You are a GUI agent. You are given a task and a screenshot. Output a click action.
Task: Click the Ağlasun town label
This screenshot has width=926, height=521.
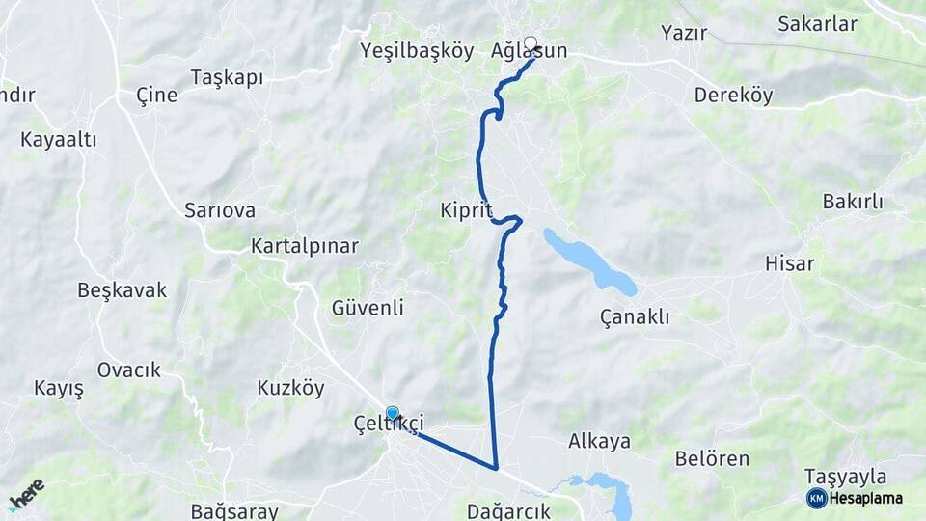(x=542, y=51)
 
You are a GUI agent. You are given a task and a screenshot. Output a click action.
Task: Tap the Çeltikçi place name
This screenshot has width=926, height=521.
(x=389, y=423)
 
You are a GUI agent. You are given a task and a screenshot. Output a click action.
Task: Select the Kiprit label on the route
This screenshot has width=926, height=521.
(x=466, y=210)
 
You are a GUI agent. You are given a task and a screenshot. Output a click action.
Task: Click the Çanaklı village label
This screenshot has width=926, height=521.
(x=634, y=316)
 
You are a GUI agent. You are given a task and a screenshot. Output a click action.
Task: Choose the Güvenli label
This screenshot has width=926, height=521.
(x=367, y=308)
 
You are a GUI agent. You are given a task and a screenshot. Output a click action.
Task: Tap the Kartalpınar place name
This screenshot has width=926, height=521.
(x=304, y=246)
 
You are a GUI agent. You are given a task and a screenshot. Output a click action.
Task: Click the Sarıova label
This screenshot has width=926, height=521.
(x=220, y=210)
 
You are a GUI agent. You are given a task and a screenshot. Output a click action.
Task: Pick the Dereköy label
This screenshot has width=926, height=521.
(x=733, y=96)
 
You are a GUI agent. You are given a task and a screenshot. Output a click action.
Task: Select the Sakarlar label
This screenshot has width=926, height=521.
(x=817, y=24)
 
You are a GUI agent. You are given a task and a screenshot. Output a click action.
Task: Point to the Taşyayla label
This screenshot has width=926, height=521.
(x=845, y=477)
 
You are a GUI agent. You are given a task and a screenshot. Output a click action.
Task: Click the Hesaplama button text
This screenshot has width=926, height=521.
(x=865, y=498)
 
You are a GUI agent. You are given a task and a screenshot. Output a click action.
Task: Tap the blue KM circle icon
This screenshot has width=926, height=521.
(x=816, y=498)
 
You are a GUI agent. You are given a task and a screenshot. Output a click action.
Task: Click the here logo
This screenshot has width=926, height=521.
(x=26, y=494)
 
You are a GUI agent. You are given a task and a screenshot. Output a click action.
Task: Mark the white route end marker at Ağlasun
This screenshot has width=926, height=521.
(x=530, y=43)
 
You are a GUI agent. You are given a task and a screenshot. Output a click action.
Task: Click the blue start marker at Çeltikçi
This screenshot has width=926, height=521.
(x=393, y=413)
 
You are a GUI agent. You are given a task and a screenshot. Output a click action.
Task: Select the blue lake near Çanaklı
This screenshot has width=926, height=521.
(x=590, y=260)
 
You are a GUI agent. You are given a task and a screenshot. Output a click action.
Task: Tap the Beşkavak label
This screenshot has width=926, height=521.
(x=123, y=289)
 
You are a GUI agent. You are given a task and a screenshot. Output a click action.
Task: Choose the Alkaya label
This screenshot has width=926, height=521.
(x=599, y=441)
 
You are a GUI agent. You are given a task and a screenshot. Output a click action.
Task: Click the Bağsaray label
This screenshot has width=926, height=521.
(x=234, y=511)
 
